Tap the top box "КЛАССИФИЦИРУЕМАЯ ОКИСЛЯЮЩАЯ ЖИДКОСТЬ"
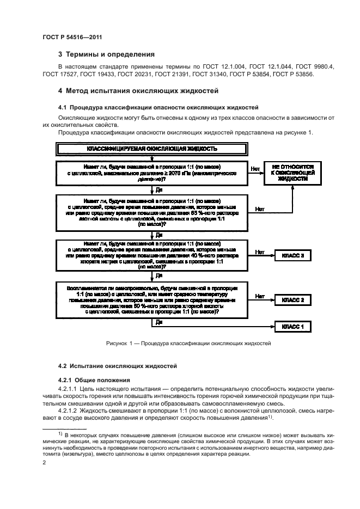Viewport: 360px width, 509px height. pos(152,149)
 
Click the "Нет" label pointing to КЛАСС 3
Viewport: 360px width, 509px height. pos(260,252)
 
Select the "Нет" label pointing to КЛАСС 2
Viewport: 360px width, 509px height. pos(260,296)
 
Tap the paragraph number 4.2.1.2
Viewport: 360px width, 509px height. pos(70,410)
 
